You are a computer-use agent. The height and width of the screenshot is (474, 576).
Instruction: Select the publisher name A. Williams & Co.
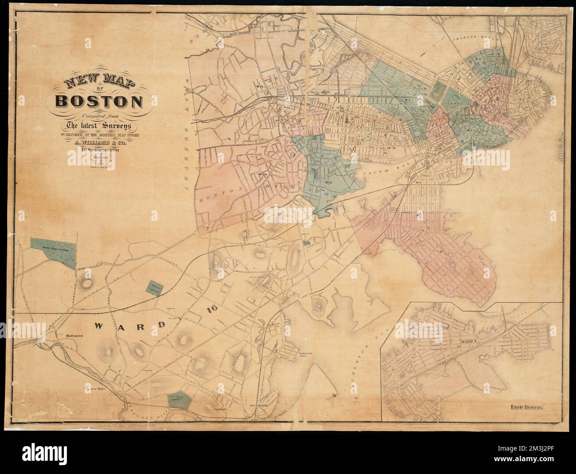99,143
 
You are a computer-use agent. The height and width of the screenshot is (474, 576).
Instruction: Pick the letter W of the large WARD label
99,326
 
